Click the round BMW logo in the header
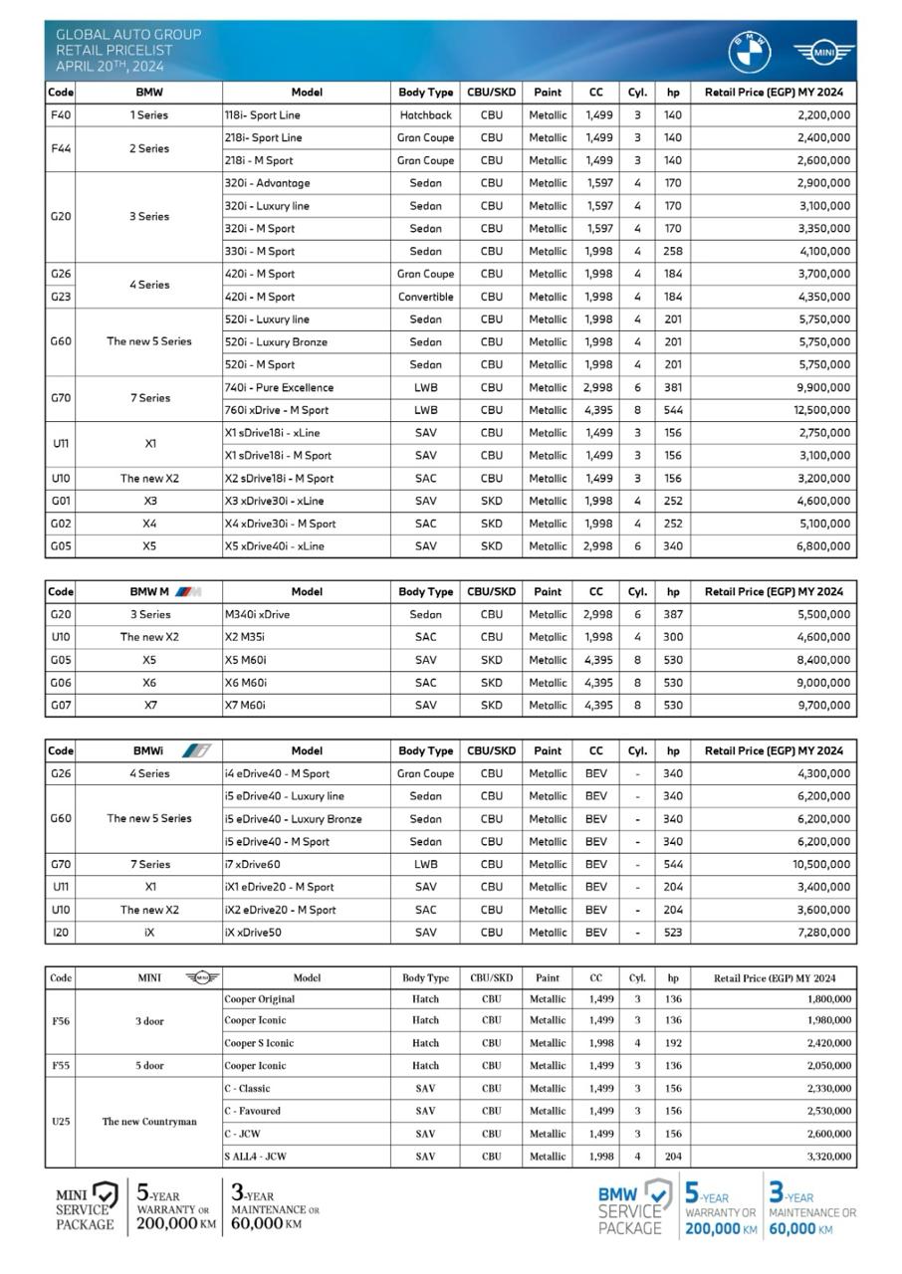(x=749, y=53)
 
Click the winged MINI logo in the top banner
(x=823, y=54)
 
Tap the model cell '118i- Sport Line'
(x=263, y=115)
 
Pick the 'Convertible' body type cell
(x=425, y=297)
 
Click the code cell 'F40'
(x=60, y=115)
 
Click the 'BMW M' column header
(x=149, y=591)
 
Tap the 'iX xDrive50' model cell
(x=253, y=933)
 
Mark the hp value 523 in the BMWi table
(x=673, y=933)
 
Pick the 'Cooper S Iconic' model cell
(x=259, y=1043)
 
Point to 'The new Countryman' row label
(x=149, y=1122)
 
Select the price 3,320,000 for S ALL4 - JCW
(x=823, y=1157)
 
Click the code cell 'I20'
(x=60, y=933)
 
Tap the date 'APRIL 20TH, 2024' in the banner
(x=110, y=67)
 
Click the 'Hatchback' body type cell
(x=425, y=115)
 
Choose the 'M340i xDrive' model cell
(x=257, y=615)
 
